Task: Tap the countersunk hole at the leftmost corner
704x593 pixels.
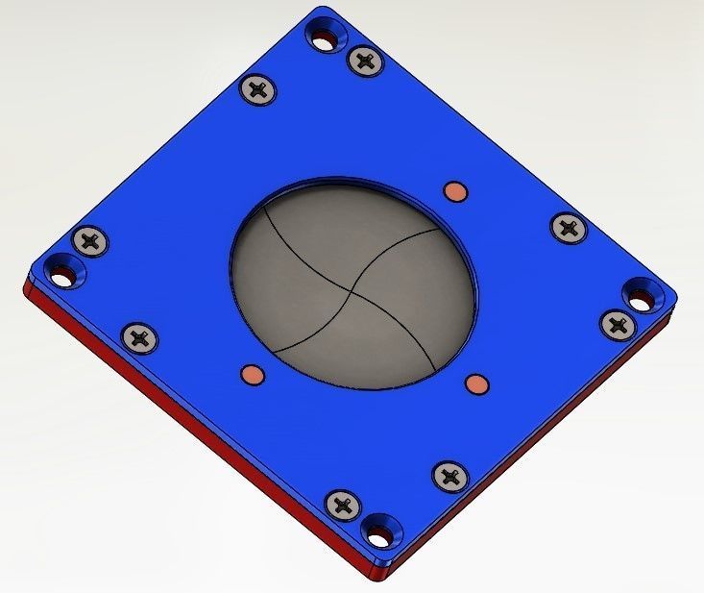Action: [x=64, y=273]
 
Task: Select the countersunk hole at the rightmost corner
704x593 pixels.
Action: [x=640, y=294]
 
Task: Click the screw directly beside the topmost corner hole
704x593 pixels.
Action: [x=364, y=62]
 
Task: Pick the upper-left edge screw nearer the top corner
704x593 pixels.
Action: [x=258, y=90]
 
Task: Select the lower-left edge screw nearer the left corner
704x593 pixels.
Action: [x=139, y=336]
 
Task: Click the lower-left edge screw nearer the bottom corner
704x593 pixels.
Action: [x=343, y=504]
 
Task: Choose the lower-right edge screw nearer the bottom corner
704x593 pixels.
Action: [x=449, y=475]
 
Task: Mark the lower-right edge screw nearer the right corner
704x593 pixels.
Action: [x=616, y=323]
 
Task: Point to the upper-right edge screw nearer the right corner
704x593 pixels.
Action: [x=568, y=228]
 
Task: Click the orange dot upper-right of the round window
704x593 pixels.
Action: [x=455, y=191]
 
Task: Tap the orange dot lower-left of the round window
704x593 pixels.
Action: [x=251, y=373]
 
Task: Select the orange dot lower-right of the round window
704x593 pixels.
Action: [x=475, y=385]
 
